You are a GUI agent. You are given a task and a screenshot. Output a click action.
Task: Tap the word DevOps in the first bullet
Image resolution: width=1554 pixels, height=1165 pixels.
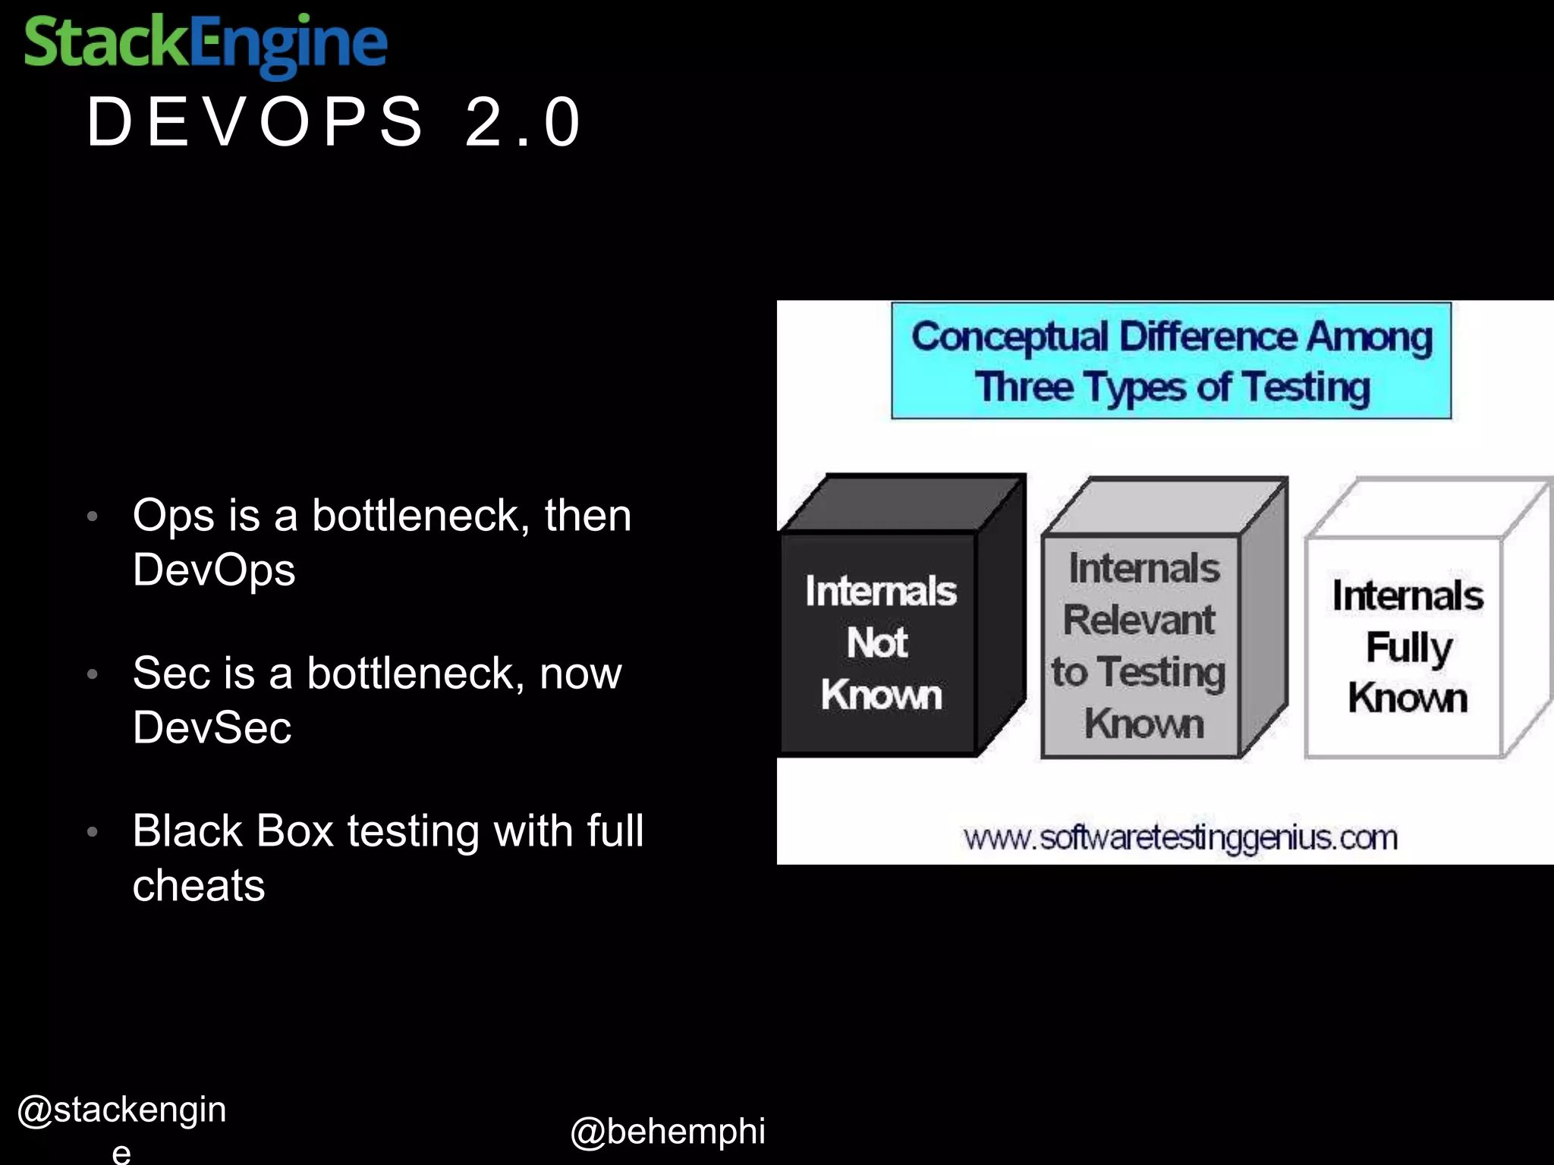(214, 570)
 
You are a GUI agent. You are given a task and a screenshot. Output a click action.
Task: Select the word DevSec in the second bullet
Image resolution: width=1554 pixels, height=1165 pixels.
(212, 727)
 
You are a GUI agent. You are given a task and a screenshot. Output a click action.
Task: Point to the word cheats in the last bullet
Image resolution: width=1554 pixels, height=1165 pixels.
(199, 885)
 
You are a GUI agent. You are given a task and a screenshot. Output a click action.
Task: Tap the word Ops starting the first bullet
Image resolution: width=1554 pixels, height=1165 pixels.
(174, 517)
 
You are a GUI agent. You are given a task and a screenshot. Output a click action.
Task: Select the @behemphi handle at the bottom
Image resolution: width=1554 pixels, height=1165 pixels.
(668, 1132)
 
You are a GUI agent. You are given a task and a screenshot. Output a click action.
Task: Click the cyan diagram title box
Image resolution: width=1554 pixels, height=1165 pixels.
(1171, 361)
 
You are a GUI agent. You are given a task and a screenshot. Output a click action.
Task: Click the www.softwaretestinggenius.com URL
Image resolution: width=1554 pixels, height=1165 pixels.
(1180, 838)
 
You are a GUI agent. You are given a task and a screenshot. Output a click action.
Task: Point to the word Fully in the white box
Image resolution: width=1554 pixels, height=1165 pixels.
(1409, 648)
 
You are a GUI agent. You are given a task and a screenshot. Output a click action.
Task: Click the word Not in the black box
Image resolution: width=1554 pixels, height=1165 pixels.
(877, 643)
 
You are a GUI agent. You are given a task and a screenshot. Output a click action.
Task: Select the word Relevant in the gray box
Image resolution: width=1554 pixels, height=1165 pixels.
(1139, 620)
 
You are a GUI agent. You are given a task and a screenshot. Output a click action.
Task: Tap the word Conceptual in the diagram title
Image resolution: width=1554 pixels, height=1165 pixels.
(1009, 337)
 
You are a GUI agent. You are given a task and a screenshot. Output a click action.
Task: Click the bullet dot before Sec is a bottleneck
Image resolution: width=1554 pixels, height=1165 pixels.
(93, 674)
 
